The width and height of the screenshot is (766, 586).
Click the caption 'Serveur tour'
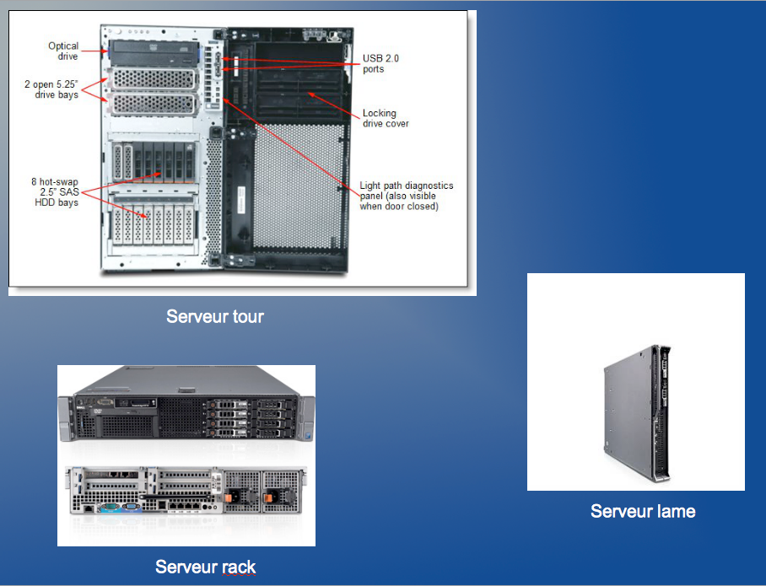[x=215, y=317]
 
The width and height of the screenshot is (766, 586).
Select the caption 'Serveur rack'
[x=205, y=567]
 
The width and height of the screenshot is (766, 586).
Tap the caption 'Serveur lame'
[x=643, y=511]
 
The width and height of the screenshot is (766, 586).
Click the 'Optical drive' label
[x=63, y=51]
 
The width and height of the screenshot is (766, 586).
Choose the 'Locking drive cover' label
[x=386, y=118]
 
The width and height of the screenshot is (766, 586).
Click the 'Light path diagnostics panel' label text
[x=407, y=196]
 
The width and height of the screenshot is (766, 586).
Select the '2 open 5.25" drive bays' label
[x=52, y=89]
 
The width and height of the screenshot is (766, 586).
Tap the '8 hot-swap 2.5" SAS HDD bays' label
[x=53, y=191]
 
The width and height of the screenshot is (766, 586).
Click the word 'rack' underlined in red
[x=236, y=567]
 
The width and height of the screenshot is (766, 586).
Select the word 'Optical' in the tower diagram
[x=63, y=46]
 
